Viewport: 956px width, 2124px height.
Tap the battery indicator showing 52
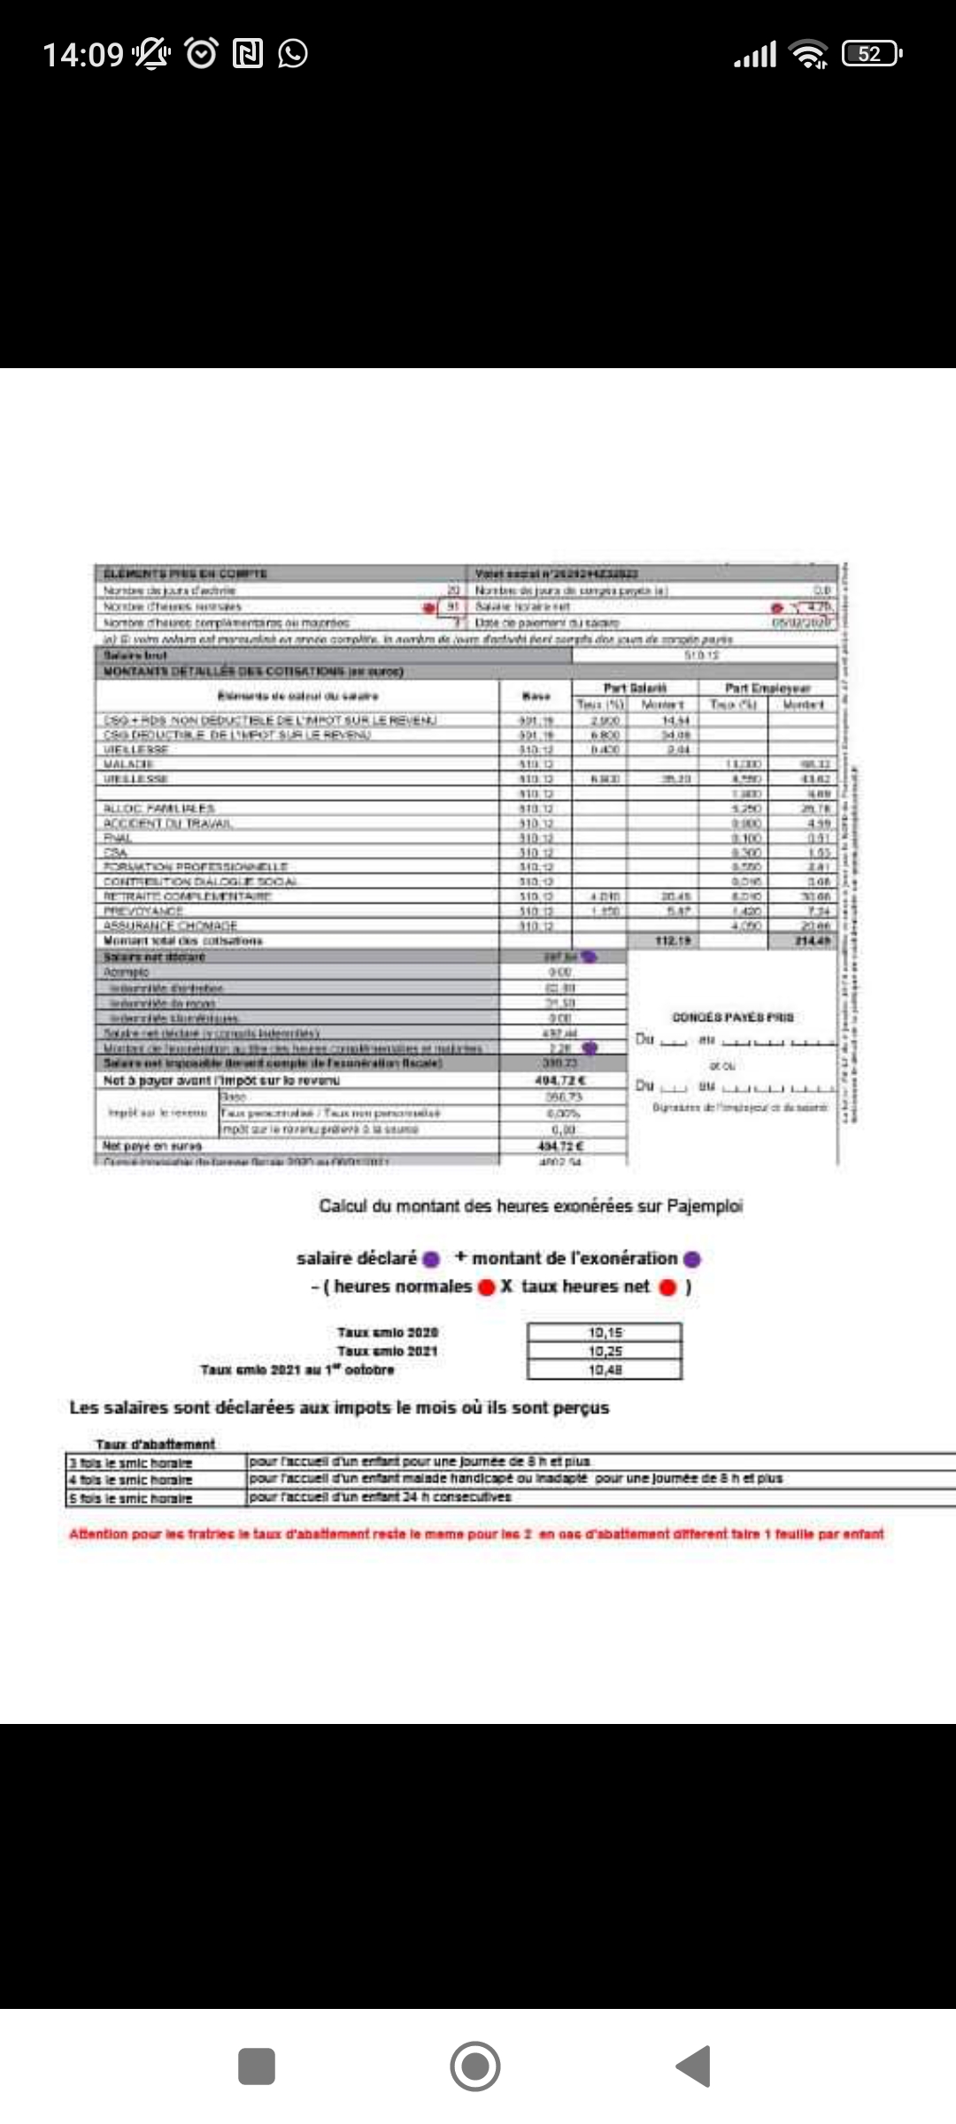point(871,54)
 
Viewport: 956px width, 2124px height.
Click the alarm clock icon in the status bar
point(201,54)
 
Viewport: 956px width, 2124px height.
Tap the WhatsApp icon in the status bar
point(293,54)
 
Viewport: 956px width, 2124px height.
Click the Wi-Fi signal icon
point(809,54)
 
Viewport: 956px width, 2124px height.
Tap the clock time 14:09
point(83,55)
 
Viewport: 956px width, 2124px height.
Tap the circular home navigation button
point(475,2066)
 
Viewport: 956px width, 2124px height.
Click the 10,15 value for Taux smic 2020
point(605,1332)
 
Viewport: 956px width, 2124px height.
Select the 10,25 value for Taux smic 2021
point(605,1351)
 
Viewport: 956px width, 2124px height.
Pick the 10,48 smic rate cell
point(605,1369)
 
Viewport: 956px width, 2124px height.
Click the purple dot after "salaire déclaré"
point(431,1259)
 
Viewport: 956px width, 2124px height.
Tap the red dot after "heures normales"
point(486,1288)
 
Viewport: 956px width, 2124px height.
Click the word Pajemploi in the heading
point(705,1205)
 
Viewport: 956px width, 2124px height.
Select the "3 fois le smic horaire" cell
point(131,1463)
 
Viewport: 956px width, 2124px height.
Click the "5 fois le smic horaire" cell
point(131,1498)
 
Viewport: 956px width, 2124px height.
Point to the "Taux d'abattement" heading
point(156,1443)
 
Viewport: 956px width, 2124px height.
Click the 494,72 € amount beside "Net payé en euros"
point(562,1146)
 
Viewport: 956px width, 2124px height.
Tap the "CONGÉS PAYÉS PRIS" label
point(733,1017)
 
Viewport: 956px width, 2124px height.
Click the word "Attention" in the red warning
point(98,1534)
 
